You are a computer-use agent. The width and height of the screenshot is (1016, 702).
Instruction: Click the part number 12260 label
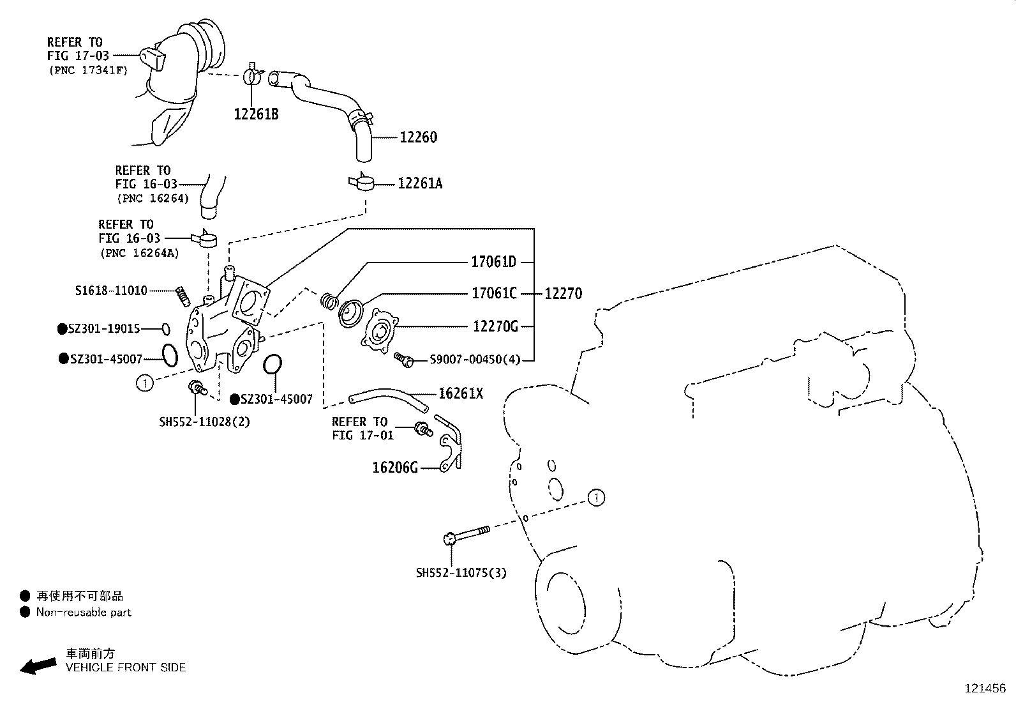[x=419, y=137]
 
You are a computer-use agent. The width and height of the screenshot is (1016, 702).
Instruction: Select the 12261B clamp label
[x=256, y=115]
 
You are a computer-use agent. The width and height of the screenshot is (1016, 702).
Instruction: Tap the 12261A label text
[x=420, y=184]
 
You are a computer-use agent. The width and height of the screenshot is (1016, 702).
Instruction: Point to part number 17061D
[x=493, y=262]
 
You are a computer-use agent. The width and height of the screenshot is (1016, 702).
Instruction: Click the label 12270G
[x=496, y=326]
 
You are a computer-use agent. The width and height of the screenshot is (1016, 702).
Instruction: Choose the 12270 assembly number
[x=563, y=294]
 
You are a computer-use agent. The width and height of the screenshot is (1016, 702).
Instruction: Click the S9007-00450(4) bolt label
[x=475, y=360]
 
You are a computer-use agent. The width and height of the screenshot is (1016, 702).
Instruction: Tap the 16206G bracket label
[x=395, y=468]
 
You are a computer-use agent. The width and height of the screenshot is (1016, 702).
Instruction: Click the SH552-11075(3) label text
[x=461, y=573]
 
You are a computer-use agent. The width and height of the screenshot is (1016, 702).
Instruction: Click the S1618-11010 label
[x=111, y=291]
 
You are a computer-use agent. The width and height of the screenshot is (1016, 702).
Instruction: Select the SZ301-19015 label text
[x=105, y=329]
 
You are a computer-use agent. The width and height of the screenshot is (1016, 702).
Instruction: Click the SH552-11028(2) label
[x=204, y=422]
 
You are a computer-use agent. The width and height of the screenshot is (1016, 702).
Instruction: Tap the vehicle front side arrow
[x=38, y=666]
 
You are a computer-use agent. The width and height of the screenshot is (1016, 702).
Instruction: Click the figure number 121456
[x=984, y=689]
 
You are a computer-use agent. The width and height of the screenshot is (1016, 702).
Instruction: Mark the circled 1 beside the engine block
[x=595, y=498]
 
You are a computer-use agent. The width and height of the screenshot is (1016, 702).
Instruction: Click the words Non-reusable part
[x=84, y=613]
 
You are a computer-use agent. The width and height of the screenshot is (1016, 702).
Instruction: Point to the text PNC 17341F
[x=89, y=70]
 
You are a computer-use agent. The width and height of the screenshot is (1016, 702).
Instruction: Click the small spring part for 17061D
[x=328, y=300]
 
